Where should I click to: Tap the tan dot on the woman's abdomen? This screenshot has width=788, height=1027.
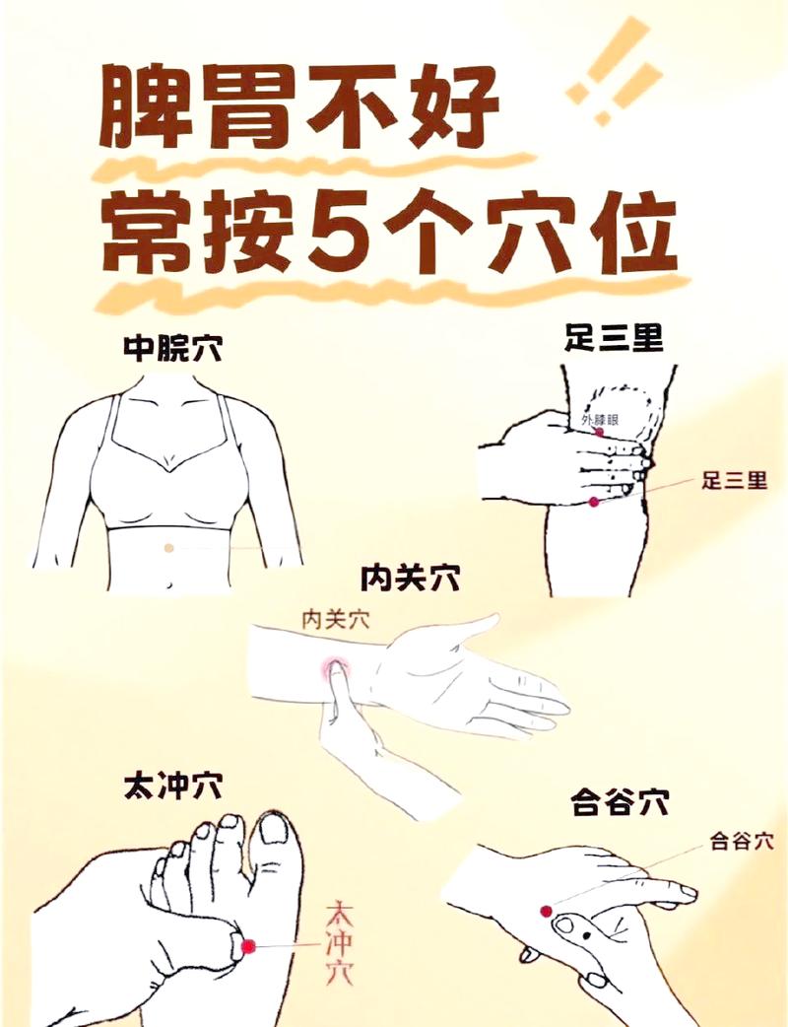169,547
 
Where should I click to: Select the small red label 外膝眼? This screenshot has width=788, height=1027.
601,420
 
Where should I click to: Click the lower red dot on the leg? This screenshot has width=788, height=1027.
594,503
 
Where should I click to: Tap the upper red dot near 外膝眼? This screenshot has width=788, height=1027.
598,433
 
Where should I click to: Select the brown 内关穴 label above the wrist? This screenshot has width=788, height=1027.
335,620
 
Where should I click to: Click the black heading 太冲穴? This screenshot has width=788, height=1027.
172,787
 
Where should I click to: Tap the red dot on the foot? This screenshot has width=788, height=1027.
248,946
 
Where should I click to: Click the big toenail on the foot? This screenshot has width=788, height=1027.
277,830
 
